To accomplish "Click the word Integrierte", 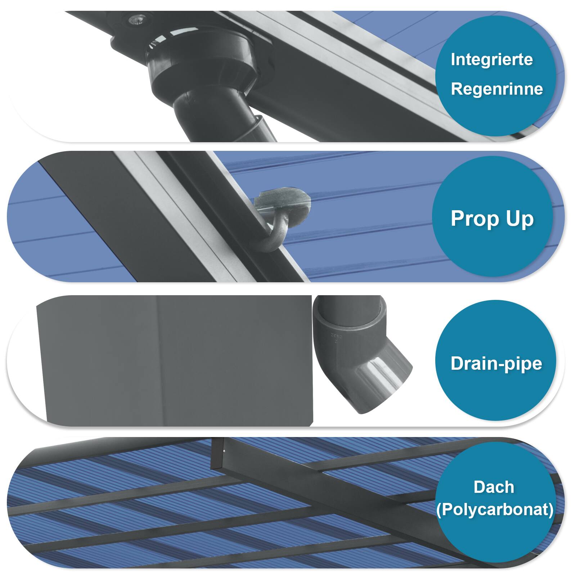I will pos(491,60).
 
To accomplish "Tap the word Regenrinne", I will pos(497,89).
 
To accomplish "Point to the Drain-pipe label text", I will pos(496,363).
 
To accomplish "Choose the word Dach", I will pos(494,487).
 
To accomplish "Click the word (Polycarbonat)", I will pos(495,509).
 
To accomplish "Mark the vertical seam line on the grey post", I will pos(157,360).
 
